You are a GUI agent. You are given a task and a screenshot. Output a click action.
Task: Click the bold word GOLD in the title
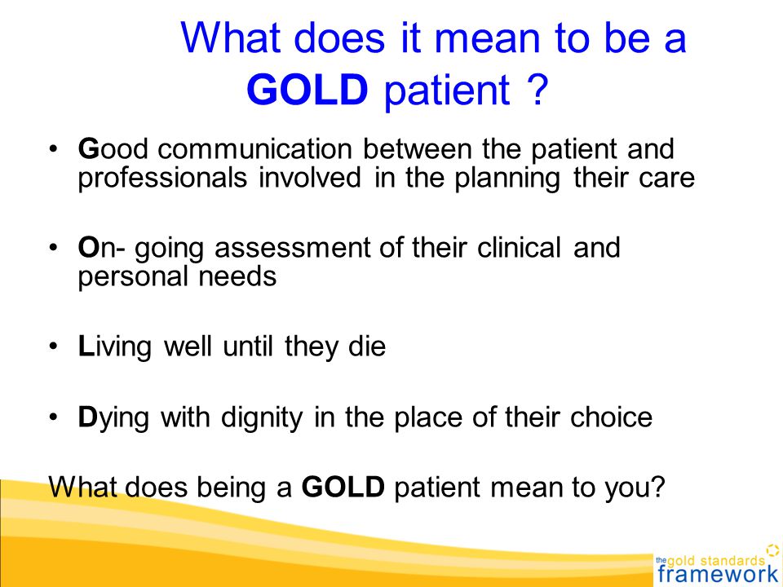[x=307, y=90]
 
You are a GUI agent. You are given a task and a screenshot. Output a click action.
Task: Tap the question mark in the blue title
[x=537, y=90]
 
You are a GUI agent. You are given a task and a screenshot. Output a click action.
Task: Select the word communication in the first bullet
[x=254, y=149]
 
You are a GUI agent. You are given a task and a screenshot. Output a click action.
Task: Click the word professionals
[x=162, y=179]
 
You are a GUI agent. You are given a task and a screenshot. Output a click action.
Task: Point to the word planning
[x=507, y=179]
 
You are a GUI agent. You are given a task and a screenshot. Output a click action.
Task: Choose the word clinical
[x=519, y=247]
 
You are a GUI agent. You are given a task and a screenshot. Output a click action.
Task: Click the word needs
[x=237, y=276]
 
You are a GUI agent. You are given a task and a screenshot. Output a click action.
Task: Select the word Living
[x=114, y=347]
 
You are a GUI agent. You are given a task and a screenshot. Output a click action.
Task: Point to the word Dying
[x=113, y=417]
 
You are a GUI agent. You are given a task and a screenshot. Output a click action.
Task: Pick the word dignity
[x=262, y=417]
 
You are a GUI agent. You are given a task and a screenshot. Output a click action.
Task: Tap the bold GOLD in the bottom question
[x=343, y=487]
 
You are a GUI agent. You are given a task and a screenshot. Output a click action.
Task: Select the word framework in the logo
[x=718, y=574]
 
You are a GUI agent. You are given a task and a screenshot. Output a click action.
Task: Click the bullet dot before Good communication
[x=54, y=150]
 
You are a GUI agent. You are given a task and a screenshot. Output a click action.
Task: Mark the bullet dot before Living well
[x=54, y=347]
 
